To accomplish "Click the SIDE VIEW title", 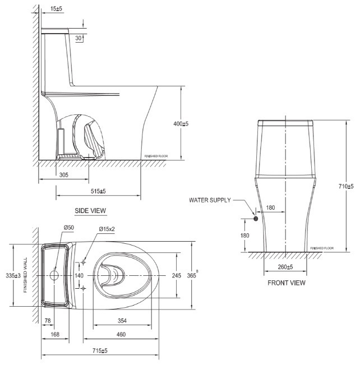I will (x=90, y=210).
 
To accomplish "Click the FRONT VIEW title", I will (x=287, y=283).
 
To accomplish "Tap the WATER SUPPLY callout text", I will (x=209, y=200).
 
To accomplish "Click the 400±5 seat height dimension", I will (x=180, y=124).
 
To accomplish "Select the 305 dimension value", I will (x=64, y=175).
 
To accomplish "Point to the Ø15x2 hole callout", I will (x=107, y=229).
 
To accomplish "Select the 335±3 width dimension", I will (x=17, y=275).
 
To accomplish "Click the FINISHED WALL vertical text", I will (x=25, y=275).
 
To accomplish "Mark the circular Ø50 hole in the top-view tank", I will (x=54, y=275).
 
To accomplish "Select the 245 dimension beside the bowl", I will (x=176, y=275).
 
